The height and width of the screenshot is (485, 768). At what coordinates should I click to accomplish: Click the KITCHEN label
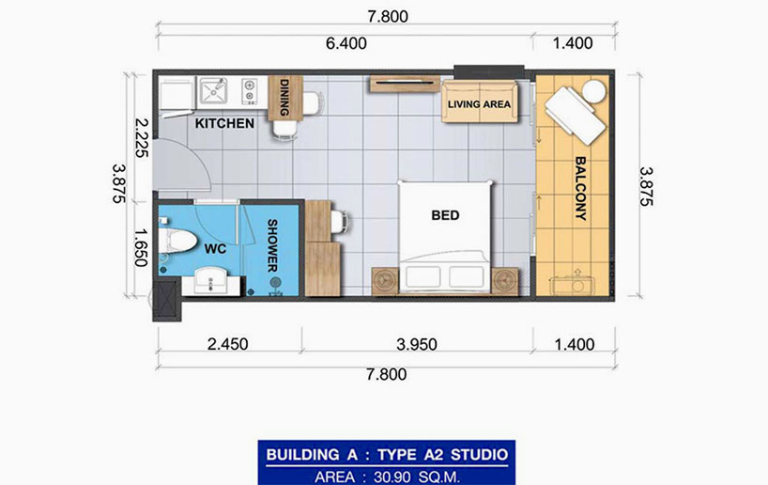point(224,123)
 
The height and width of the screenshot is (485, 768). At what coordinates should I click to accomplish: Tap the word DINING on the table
point(284,98)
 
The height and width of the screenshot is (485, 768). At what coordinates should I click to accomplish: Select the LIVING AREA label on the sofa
point(479,104)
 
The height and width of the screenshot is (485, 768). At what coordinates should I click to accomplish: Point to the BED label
point(445,215)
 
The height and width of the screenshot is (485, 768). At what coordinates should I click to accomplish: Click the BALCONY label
point(580,188)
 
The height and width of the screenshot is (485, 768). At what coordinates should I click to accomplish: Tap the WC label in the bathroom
point(215,249)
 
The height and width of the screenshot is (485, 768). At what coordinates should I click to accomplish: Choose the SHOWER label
point(272,245)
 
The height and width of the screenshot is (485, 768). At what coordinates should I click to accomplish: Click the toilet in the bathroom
point(176,241)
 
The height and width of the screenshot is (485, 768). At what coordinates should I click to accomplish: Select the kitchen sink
point(213,91)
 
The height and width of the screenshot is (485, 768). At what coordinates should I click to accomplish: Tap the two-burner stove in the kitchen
point(250,92)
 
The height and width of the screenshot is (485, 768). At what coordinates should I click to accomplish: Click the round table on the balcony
point(593,91)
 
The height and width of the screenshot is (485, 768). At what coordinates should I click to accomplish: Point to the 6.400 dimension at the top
point(346,43)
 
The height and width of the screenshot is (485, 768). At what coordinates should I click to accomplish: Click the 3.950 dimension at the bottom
point(417,344)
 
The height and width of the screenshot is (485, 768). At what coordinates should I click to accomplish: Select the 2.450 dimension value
point(228,344)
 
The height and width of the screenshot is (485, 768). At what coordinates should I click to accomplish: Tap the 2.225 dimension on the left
point(141,137)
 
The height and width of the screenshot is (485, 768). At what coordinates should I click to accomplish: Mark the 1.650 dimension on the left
point(141,247)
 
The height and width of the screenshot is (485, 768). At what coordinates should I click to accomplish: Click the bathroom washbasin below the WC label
point(210,281)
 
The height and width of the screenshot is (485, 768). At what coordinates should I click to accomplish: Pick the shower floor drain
point(276,282)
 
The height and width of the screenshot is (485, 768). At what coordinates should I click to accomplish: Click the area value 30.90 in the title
point(392,477)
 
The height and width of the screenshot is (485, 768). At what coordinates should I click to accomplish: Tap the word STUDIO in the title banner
point(479,455)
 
